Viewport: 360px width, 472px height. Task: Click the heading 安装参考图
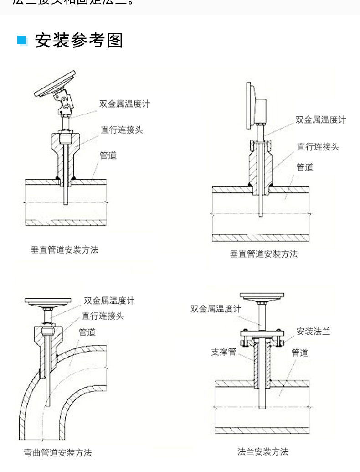(79, 41)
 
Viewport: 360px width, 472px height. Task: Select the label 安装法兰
(313, 332)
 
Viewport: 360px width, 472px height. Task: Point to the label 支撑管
(223, 352)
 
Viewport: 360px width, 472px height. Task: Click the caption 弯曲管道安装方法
(58, 453)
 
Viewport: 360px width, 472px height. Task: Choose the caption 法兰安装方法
(263, 451)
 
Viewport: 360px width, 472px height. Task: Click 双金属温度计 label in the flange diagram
(216, 309)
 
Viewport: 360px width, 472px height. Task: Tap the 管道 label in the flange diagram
(299, 353)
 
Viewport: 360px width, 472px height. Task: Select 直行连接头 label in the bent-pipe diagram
(103, 316)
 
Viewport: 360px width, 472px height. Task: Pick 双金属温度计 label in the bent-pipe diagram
(109, 301)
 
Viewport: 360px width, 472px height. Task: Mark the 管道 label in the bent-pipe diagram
(87, 332)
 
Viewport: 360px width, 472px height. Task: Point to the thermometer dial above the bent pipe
(48, 301)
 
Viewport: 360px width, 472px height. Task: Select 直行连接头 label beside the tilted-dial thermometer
(122, 130)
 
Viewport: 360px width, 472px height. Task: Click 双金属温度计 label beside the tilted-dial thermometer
(124, 104)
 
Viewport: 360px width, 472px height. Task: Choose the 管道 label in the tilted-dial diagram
(108, 156)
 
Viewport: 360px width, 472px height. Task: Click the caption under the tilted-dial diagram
(65, 250)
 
